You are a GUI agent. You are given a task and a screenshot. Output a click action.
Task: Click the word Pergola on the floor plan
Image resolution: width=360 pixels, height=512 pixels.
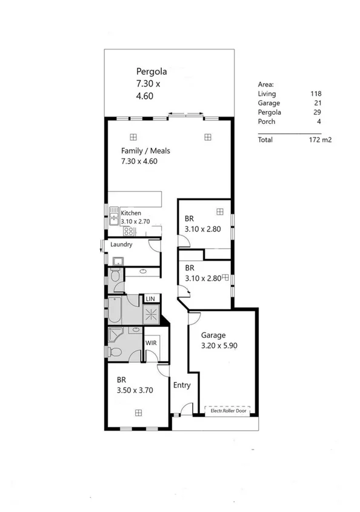pyautogui.click(x=152, y=71)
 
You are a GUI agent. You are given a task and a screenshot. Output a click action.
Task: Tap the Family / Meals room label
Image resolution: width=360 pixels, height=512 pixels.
pyautogui.click(x=145, y=150)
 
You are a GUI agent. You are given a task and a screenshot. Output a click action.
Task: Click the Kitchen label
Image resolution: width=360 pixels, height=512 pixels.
pyautogui.click(x=131, y=213)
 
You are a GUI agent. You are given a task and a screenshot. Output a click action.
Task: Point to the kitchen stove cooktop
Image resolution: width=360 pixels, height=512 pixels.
pyautogui.click(x=130, y=231)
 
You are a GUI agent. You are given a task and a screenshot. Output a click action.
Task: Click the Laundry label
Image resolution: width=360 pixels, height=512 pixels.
pyautogui.click(x=121, y=244)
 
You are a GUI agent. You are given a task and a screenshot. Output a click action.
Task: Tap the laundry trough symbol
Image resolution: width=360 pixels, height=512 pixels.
pyautogui.click(x=118, y=261)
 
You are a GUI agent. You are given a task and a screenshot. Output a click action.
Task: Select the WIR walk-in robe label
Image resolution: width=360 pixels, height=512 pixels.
pyautogui.click(x=151, y=343)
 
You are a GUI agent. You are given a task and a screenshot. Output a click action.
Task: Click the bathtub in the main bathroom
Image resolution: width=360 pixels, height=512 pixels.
pyautogui.click(x=115, y=311)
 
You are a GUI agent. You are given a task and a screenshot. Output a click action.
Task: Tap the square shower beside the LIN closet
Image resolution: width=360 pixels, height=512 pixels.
pyautogui.click(x=151, y=314)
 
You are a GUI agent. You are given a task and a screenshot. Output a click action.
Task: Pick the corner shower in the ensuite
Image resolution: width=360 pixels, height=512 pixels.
pyautogui.click(x=115, y=335)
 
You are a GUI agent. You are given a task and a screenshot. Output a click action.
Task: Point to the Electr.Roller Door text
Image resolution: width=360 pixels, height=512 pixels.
pyautogui.click(x=229, y=411)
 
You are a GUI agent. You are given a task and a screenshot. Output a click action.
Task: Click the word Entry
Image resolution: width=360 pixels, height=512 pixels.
pyautogui.click(x=182, y=385)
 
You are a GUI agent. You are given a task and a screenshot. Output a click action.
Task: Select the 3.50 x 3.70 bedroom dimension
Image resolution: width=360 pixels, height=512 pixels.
pyautogui.click(x=134, y=391)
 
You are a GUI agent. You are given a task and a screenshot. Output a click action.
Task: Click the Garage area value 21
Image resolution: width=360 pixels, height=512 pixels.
pyautogui.click(x=316, y=103)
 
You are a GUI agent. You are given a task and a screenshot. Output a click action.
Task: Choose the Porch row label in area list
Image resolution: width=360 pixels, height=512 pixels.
pyautogui.click(x=267, y=121)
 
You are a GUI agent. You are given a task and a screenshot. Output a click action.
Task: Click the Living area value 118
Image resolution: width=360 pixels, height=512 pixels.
pyautogui.click(x=315, y=94)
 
